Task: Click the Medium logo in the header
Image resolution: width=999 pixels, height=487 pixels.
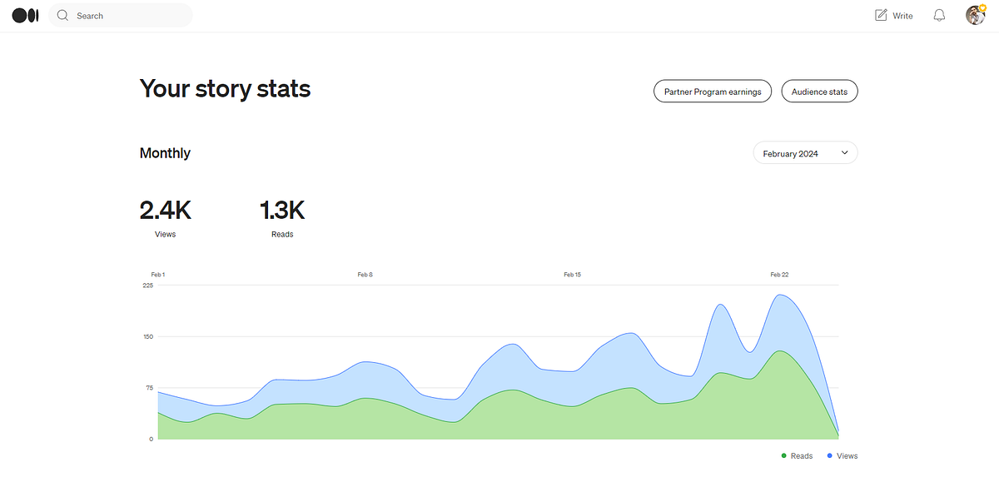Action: click(26, 16)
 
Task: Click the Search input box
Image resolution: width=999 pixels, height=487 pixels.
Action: click(121, 16)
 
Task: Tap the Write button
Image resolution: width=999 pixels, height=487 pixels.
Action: click(894, 16)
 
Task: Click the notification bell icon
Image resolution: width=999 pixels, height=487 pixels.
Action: click(939, 16)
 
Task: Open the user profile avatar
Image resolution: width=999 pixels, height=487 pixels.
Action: click(976, 16)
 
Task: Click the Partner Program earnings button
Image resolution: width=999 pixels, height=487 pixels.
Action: click(713, 92)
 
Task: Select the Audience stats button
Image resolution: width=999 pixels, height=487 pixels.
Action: click(819, 92)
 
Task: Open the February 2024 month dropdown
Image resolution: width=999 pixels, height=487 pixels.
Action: click(805, 153)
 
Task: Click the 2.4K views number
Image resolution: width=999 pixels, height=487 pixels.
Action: click(165, 210)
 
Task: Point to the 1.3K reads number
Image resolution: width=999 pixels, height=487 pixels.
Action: click(282, 210)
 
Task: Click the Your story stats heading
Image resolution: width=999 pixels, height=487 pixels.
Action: click(225, 89)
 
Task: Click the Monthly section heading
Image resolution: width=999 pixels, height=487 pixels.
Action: click(165, 153)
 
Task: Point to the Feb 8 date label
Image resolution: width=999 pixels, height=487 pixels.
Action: click(365, 275)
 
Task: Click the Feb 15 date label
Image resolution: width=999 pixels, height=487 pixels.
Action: click(572, 275)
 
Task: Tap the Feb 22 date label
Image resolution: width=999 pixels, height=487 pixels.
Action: click(779, 275)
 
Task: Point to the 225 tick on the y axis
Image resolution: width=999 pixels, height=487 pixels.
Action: click(147, 286)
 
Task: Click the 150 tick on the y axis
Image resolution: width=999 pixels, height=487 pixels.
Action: click(148, 336)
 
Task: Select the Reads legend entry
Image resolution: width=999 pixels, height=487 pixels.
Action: click(797, 456)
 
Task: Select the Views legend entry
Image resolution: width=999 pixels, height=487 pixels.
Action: click(842, 456)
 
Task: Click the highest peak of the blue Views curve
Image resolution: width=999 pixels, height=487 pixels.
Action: click(779, 295)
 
